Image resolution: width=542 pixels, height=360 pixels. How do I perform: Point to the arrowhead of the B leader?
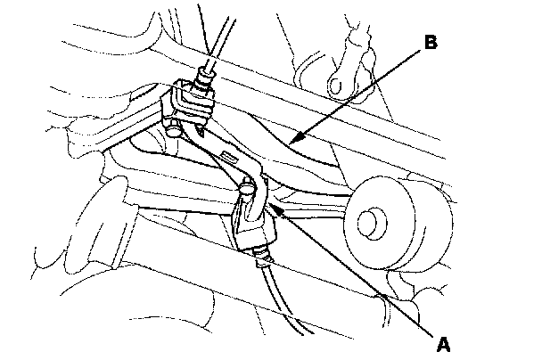tap(292, 142)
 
